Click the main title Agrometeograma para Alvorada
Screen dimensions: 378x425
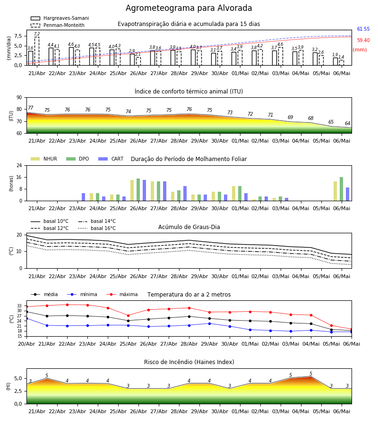click(189, 8)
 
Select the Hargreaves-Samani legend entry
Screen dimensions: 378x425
click(60, 18)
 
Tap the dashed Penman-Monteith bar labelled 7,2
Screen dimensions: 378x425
click(36, 51)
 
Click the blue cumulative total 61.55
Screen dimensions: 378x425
click(363, 29)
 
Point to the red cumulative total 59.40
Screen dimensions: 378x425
click(363, 41)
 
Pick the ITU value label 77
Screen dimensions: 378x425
click(31, 108)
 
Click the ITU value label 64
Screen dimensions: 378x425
click(347, 123)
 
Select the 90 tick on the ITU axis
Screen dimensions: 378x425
click(19, 98)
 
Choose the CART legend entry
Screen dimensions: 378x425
click(111, 159)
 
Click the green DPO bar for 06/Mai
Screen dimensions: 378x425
click(341, 189)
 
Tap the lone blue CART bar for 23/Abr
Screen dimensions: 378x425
click(83, 197)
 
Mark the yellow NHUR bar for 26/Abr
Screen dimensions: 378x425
click(132, 190)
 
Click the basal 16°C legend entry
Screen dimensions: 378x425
click(97, 228)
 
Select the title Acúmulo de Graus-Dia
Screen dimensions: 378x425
click(189, 227)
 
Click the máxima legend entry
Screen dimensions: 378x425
click(122, 294)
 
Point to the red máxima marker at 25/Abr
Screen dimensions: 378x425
click(128, 315)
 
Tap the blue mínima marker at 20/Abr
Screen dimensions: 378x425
click(26, 318)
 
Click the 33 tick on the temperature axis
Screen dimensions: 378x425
click(19, 306)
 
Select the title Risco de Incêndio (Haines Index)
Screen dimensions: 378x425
click(189, 362)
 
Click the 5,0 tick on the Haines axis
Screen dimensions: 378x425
click(18, 378)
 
